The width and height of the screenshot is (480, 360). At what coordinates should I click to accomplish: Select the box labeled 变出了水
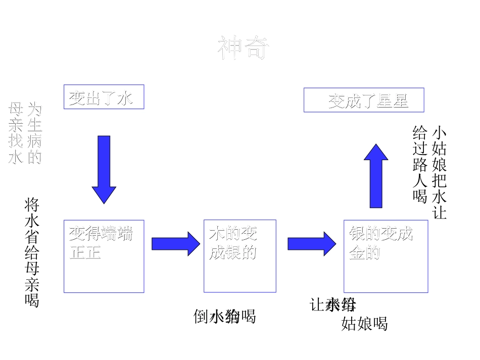pos(104,97)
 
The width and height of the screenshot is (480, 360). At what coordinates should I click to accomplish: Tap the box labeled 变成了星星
pos(363,100)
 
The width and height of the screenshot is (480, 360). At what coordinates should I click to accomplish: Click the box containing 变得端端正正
pos(104,256)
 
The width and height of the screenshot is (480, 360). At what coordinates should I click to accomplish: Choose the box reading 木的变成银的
pos(239,256)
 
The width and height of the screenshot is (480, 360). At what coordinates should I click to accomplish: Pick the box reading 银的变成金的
pos(386,256)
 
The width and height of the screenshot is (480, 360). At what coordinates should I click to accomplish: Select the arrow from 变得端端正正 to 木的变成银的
pos(176,244)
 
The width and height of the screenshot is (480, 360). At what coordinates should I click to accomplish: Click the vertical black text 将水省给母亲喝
pos(32,252)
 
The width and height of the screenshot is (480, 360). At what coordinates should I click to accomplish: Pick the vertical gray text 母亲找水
pos(16,134)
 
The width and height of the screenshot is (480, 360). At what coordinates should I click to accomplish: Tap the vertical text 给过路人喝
pos(420,164)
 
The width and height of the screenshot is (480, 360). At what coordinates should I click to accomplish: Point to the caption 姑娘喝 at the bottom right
pos(364,324)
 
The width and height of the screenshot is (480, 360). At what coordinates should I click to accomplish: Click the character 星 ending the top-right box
pos(400,101)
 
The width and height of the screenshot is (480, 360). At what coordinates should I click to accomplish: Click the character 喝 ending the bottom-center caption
pos(248,317)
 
